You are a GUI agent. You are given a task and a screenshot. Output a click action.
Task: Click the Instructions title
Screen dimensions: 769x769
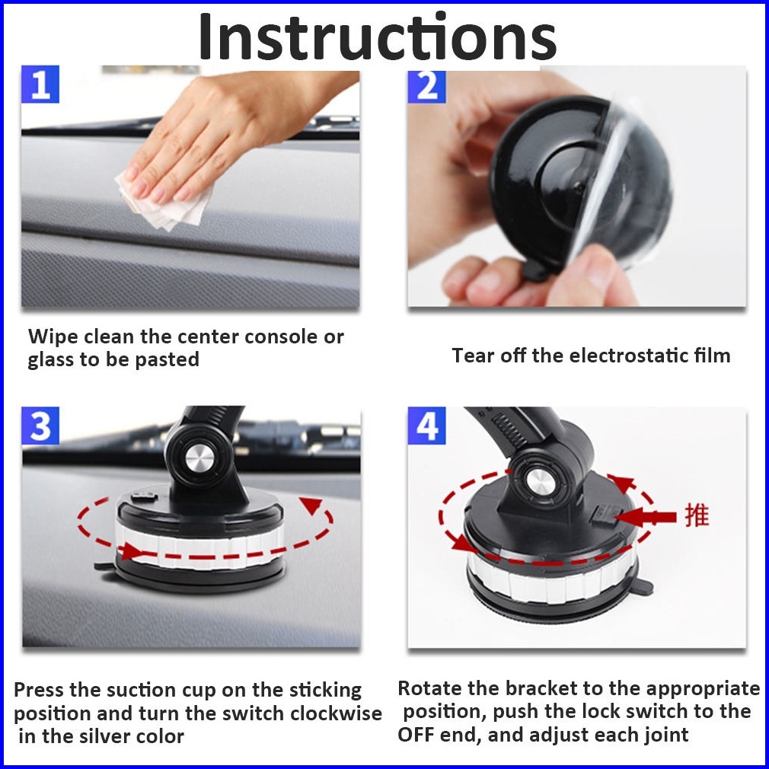click(377, 37)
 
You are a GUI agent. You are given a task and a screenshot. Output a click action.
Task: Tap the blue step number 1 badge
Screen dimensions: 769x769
click(40, 85)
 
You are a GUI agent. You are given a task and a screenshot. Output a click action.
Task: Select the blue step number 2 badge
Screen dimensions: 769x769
click(426, 86)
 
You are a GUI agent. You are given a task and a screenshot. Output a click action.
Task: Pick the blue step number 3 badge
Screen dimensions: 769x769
click(40, 426)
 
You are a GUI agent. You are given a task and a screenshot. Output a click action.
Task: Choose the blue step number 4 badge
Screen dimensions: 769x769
click(426, 426)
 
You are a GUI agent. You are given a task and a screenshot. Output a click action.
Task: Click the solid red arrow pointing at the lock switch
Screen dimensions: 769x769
click(645, 517)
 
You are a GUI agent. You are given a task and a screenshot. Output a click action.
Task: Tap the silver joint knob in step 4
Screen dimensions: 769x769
click(539, 482)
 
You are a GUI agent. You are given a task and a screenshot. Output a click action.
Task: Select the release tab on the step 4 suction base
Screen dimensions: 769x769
click(643, 586)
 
